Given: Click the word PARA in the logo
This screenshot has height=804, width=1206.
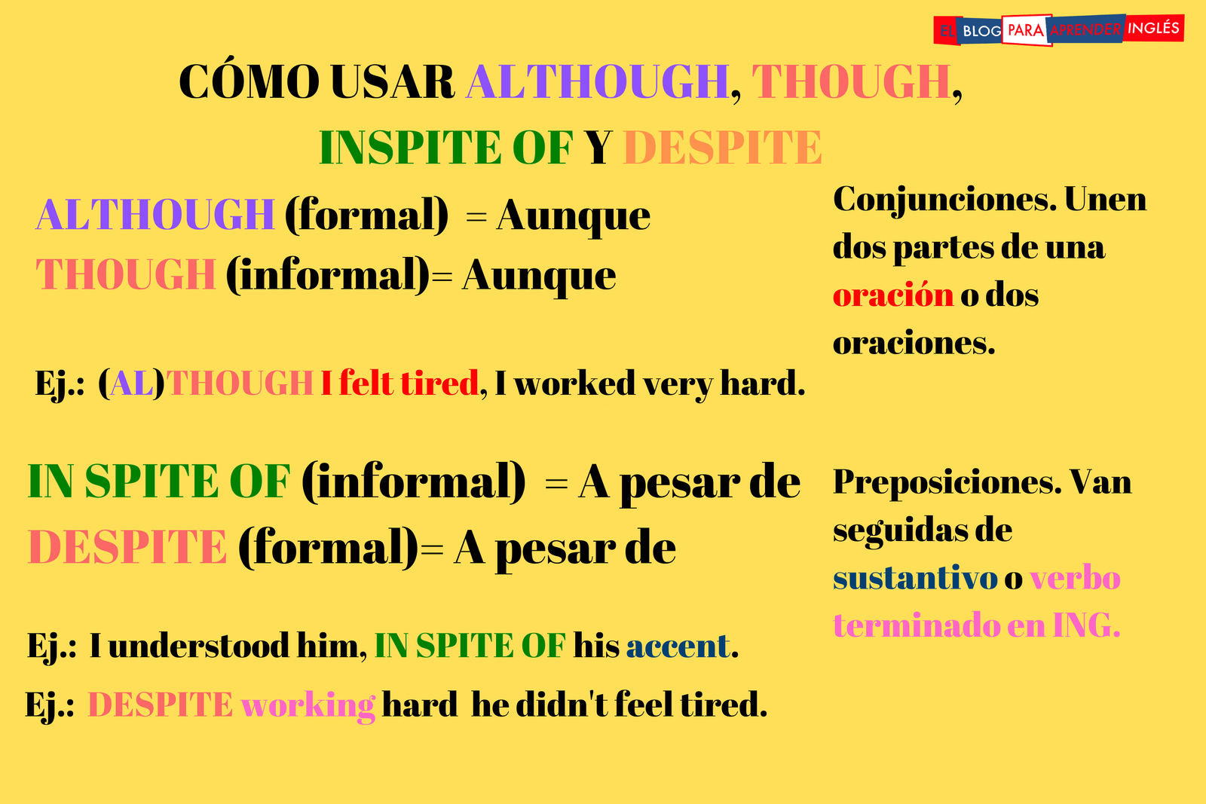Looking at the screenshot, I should point(1026,30).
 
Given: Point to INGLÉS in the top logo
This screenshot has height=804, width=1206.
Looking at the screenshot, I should point(1153,28).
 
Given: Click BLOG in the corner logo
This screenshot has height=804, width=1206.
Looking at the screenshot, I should point(981,31).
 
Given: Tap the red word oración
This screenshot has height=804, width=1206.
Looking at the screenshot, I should point(893,295).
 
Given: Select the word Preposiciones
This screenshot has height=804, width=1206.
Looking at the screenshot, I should point(947,482).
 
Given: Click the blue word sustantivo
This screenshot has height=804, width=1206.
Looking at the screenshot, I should point(915,578).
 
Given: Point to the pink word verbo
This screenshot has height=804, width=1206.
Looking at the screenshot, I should point(1075,578).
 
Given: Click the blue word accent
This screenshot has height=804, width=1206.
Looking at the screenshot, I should point(678,646).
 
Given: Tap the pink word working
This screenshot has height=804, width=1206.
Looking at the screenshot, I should point(308,705).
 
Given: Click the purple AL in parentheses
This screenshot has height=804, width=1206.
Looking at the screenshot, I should point(132,384).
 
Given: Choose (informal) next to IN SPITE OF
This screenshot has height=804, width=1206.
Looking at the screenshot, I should point(413,482).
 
